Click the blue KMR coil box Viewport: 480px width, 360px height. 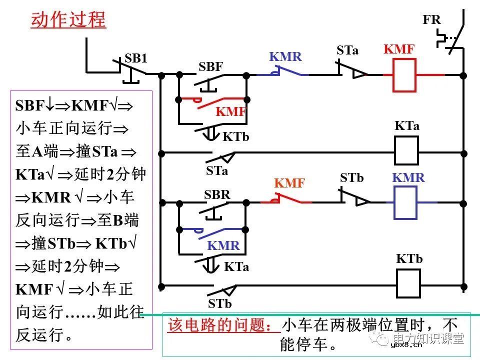pyautogui.click(x=405, y=202)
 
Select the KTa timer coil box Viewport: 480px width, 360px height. pyautogui.click(x=406, y=150)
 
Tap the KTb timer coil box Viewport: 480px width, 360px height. pyautogui.click(x=409, y=283)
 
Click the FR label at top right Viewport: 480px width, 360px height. pyautogui.click(x=431, y=20)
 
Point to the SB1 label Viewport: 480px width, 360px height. pyautogui.click(x=136, y=58)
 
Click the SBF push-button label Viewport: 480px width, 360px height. pyautogui.click(x=210, y=67)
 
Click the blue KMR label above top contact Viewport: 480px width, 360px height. pyautogui.click(x=285, y=56)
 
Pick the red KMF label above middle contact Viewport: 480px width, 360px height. pyautogui.click(x=289, y=183)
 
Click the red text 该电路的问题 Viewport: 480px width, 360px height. pyautogui.click(x=223, y=325)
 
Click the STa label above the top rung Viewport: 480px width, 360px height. pyautogui.click(x=347, y=50)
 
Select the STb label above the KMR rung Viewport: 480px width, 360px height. pyautogui.click(x=351, y=177)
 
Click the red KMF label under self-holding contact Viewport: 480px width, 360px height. pyautogui.click(x=231, y=112)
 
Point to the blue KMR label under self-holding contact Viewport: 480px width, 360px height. pyautogui.click(x=223, y=245)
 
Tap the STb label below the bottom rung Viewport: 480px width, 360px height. pyautogui.click(x=220, y=303)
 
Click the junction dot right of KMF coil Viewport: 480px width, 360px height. pyautogui.click(x=463, y=75)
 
